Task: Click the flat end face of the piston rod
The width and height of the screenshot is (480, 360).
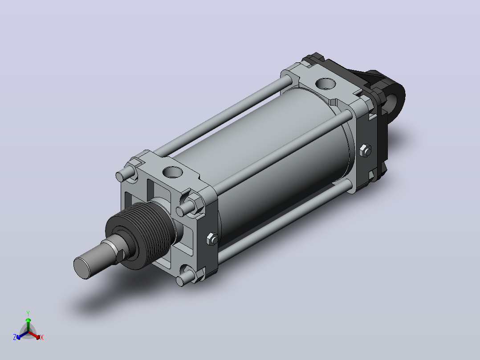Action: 82,268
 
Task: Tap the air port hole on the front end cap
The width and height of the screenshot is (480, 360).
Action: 172,172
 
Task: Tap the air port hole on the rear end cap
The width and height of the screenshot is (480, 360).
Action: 325,83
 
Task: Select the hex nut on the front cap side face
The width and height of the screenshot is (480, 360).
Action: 212,239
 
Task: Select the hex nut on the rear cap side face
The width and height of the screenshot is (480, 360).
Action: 365,151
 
